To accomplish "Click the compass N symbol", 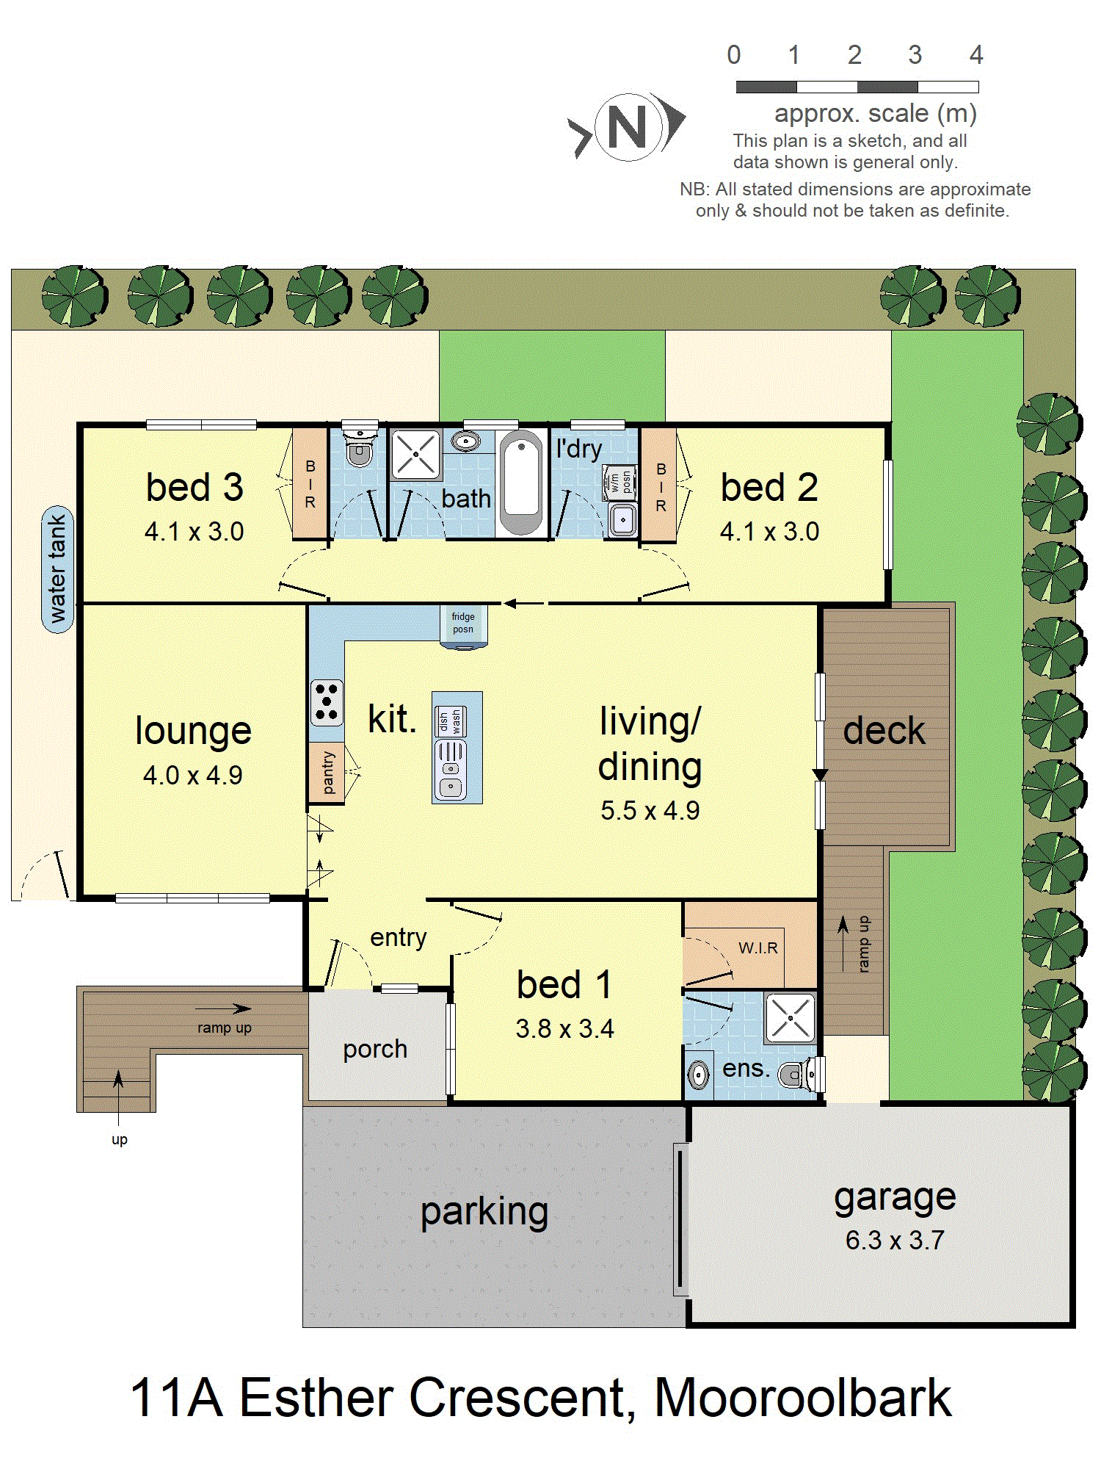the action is tap(628, 127).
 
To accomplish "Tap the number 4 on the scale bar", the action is tap(976, 54).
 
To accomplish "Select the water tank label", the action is tap(57, 569).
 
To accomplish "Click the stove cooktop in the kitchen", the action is tap(327, 703).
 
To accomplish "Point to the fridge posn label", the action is tap(463, 623).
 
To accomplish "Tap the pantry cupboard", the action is tap(327, 773).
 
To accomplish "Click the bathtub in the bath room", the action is tap(521, 482).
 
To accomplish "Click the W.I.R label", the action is tap(758, 948).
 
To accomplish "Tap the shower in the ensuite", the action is tap(790, 1018).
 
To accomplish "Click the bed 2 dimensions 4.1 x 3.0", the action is tap(769, 531).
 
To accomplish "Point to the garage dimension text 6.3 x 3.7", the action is tap(895, 1240).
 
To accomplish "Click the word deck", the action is tap(884, 731).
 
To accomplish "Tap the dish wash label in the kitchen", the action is tap(450, 721).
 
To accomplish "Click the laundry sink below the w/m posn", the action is tap(623, 519).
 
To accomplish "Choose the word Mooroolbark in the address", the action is tap(802, 1397).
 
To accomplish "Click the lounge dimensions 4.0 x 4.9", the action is tap(193, 775).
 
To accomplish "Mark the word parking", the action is tap(484, 1213).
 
